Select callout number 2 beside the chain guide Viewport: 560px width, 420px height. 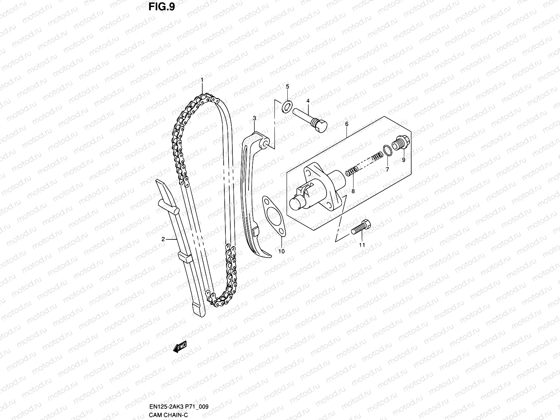(x=163, y=239)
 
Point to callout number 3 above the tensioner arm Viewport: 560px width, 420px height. (x=254, y=119)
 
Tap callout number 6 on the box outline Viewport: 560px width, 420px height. (x=346, y=124)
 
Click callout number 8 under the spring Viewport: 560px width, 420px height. (x=353, y=191)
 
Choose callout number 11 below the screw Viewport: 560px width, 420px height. (x=362, y=245)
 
